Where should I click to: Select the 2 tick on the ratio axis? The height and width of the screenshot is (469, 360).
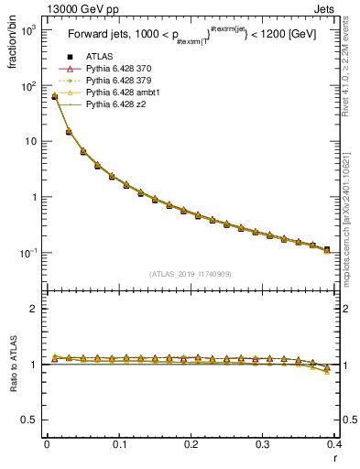click(x=35, y=309)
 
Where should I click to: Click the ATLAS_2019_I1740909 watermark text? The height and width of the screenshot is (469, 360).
click(x=191, y=274)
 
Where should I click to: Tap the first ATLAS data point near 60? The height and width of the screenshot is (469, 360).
click(x=54, y=96)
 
